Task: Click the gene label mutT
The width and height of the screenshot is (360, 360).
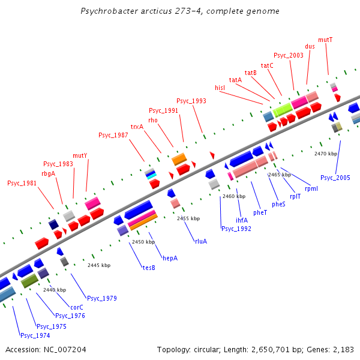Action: click(325, 40)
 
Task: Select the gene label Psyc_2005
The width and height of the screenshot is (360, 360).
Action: click(335, 178)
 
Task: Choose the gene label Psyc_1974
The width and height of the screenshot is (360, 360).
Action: click(35, 335)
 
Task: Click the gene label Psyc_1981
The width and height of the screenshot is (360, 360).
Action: click(22, 183)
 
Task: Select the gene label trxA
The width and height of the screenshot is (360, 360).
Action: click(137, 127)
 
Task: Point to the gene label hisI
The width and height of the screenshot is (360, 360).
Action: click(220, 88)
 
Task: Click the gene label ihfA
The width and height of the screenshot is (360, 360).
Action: click(242, 220)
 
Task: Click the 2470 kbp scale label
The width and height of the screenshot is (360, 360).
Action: click(326, 154)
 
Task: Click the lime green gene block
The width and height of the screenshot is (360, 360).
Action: click(282, 110)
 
